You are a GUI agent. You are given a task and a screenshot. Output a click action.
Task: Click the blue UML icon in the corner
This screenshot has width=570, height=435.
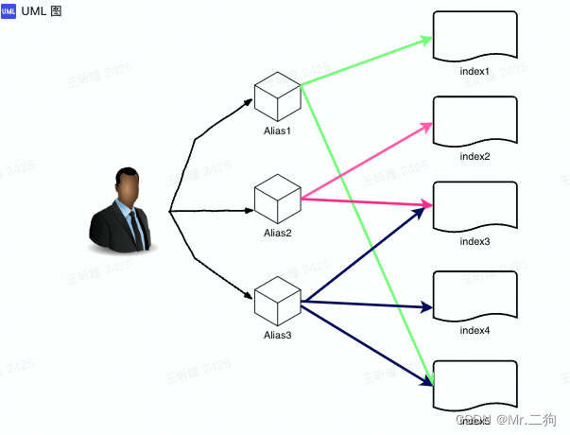pos(9,10)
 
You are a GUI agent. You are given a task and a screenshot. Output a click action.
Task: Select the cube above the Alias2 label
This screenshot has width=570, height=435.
pos(277,197)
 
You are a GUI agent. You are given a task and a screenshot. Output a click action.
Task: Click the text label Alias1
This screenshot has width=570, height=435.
pos(277,130)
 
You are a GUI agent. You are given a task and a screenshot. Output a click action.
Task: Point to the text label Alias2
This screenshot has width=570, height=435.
pos(277,233)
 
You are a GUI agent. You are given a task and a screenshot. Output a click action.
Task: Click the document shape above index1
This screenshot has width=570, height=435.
pos(475,36)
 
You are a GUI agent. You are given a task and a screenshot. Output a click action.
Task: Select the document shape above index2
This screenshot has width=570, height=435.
pos(475,120)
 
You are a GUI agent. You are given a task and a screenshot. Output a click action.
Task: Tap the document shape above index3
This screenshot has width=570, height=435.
pos(475,205)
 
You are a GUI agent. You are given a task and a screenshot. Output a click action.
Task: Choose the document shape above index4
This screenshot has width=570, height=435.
pos(475,295)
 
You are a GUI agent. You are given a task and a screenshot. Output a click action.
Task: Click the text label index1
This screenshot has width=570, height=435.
pos(475,72)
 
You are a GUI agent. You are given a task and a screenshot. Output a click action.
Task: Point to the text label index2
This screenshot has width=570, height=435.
pos(475,156)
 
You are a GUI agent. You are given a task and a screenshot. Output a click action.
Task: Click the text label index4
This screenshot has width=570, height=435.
pos(475,331)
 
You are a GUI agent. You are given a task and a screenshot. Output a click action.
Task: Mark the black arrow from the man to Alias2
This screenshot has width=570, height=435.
pos(212,208)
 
